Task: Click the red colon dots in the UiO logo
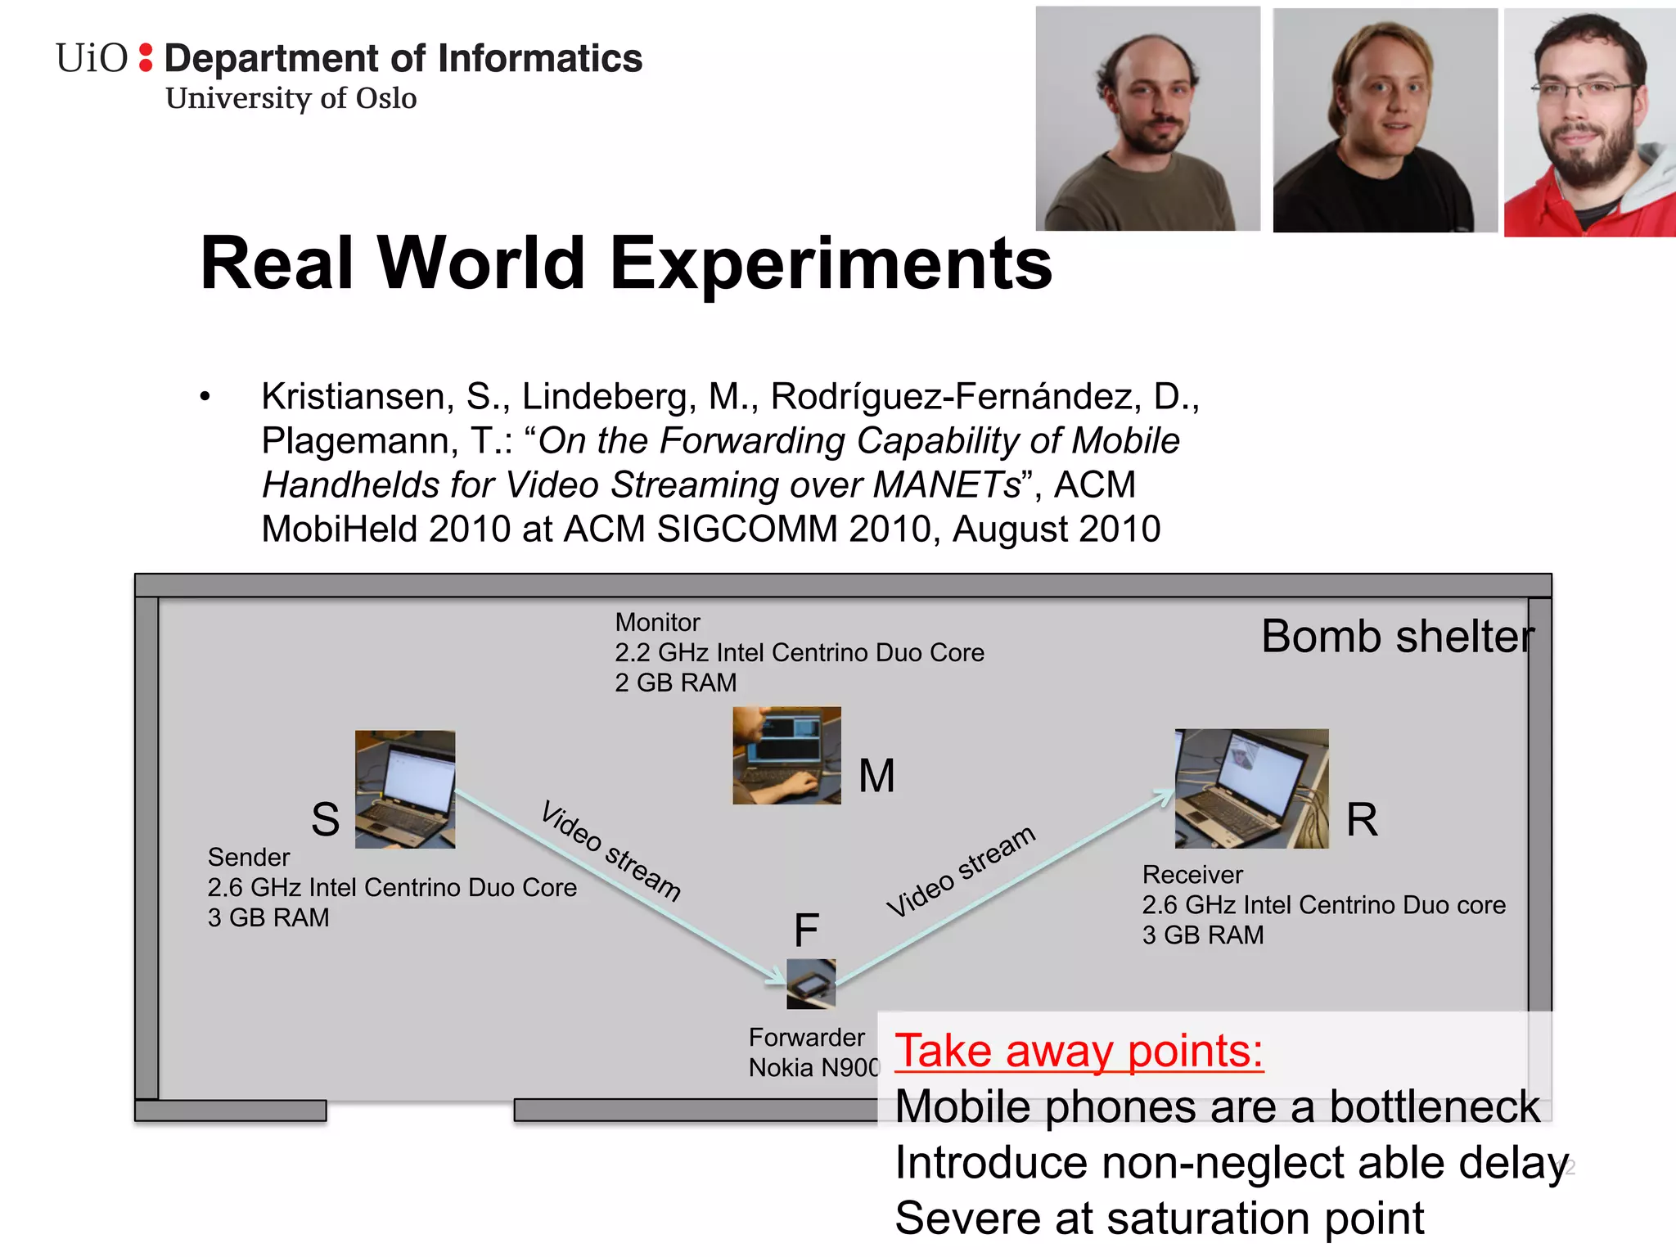[146, 57]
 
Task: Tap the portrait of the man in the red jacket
[1588, 123]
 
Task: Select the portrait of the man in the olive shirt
[1147, 119]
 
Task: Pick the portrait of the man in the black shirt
[1385, 121]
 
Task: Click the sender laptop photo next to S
[405, 789]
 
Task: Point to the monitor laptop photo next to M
[786, 755]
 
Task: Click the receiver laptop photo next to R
[1251, 788]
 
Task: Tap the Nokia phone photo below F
[811, 983]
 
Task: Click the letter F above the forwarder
[806, 930]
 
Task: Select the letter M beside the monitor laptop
[876, 776]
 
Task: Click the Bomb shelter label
[1398, 637]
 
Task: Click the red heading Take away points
[1079, 1051]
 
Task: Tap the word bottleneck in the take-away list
[1434, 1106]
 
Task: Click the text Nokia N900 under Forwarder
[813, 1068]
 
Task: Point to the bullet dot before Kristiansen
[205, 397]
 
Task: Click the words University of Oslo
[291, 98]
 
